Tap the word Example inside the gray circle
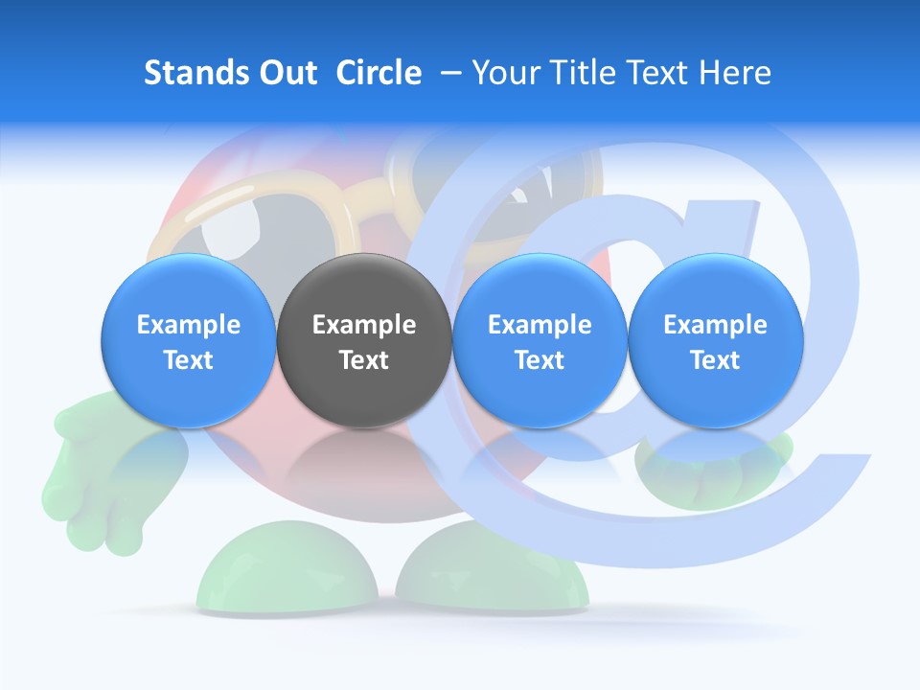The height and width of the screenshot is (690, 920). [x=364, y=325]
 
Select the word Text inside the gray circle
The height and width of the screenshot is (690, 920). [x=364, y=360]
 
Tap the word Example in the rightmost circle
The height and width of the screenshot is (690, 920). [x=716, y=325]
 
